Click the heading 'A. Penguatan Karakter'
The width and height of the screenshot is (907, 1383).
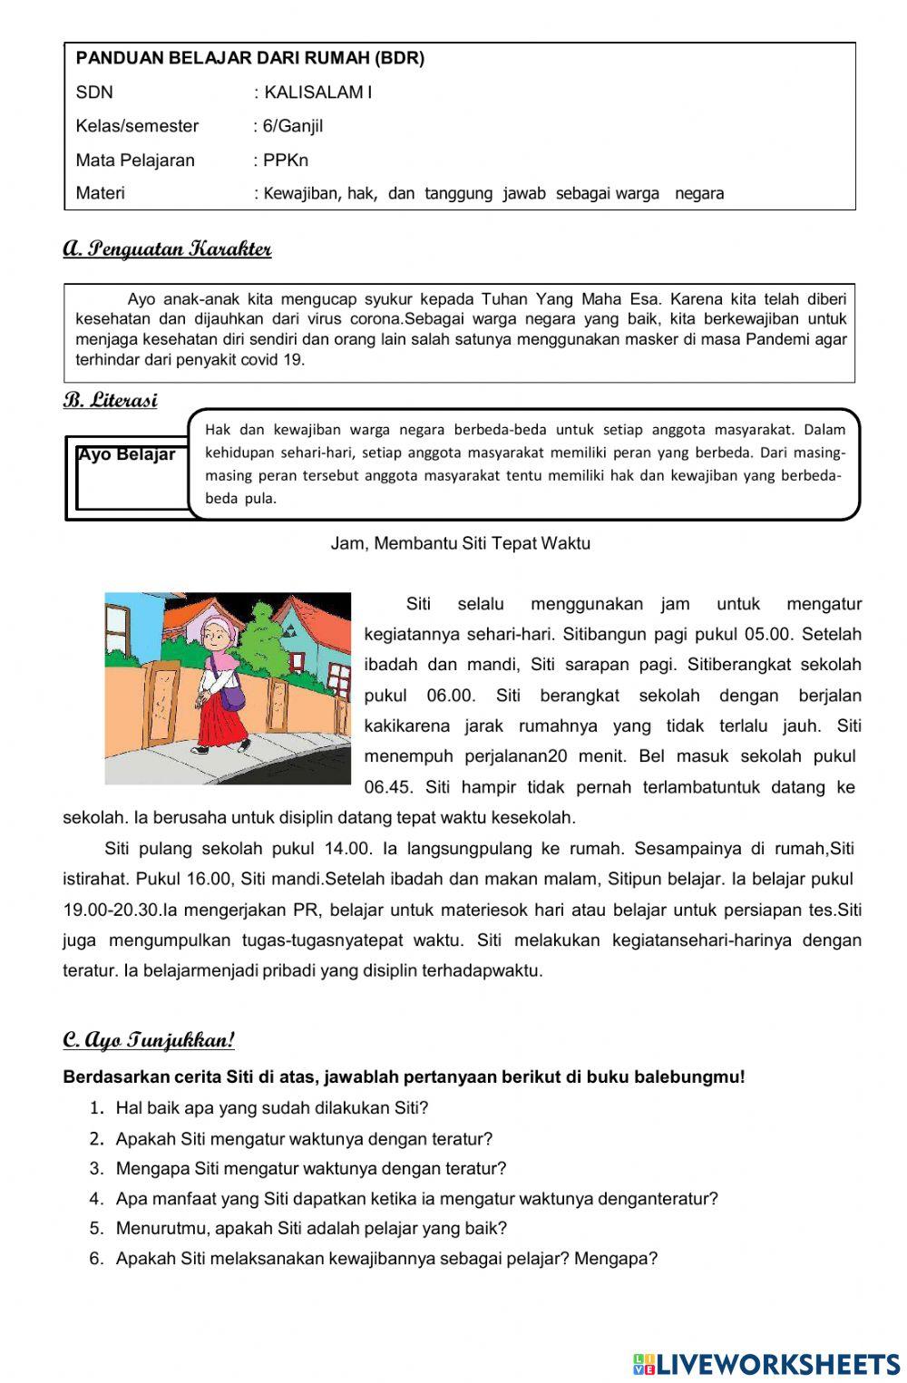coord(167,249)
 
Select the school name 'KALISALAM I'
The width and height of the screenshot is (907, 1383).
coord(317,93)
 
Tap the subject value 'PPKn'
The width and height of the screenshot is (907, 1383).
coord(286,161)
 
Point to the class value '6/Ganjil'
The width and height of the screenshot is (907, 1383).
coord(292,126)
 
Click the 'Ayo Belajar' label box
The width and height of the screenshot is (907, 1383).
coord(127,455)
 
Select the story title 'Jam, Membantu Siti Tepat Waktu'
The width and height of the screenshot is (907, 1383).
coord(460,543)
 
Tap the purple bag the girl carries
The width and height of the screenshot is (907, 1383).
coord(232,696)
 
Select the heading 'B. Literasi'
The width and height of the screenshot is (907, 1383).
coord(110,401)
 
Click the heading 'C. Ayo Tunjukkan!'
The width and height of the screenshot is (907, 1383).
coord(149,1040)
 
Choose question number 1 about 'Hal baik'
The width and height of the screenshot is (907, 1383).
coord(271,1108)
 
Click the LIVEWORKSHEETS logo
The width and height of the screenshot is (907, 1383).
coord(766,1364)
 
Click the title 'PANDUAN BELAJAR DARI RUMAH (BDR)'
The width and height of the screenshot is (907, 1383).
coord(250,59)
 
